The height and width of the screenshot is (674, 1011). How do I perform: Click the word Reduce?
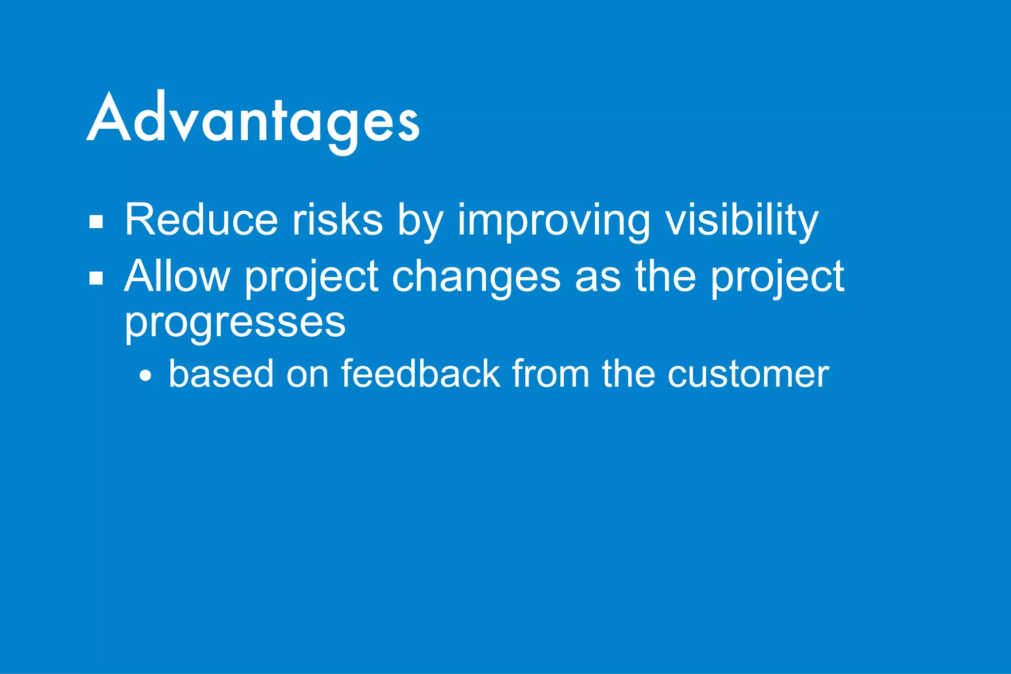201,220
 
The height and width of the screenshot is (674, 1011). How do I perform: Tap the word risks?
338,220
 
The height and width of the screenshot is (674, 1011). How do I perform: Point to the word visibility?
742,221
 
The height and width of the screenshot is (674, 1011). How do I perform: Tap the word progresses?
235,323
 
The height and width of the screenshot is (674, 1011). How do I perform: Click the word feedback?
421,374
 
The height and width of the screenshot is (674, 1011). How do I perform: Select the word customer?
748,374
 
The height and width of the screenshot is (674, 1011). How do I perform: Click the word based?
221,374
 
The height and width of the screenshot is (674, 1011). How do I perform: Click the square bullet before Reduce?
96,222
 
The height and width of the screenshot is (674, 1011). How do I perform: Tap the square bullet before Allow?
96,278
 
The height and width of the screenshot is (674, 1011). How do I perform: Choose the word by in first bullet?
421,221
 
